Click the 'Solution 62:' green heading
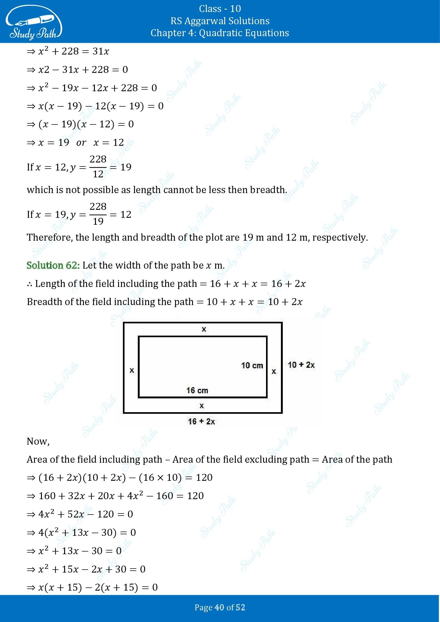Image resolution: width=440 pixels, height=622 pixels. tap(53, 265)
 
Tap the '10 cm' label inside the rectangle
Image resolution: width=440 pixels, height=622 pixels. tap(252, 365)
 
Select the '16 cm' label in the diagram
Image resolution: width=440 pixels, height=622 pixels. tap(197, 390)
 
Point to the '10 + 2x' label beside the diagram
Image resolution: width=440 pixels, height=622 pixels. tap(301, 365)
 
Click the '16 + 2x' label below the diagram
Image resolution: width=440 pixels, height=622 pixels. tap(201, 421)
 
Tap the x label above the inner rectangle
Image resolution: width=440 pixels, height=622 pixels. tap(204, 329)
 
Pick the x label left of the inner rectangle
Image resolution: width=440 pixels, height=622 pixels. tap(132, 370)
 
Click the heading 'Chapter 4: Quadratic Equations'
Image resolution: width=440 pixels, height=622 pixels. tap(220, 33)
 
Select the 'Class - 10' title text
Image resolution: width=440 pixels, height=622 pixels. tap(220, 9)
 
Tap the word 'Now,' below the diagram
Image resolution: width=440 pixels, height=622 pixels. tap(38, 441)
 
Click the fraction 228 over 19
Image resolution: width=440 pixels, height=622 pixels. tap(98, 214)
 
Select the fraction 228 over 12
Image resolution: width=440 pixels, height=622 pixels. tap(98, 167)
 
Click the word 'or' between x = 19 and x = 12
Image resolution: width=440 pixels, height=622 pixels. tap(81, 143)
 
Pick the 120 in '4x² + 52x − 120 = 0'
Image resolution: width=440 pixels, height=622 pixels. tap(105, 514)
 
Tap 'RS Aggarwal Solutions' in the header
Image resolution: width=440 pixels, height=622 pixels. tap(220, 21)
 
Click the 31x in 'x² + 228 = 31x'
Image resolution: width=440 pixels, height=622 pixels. tap(101, 51)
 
